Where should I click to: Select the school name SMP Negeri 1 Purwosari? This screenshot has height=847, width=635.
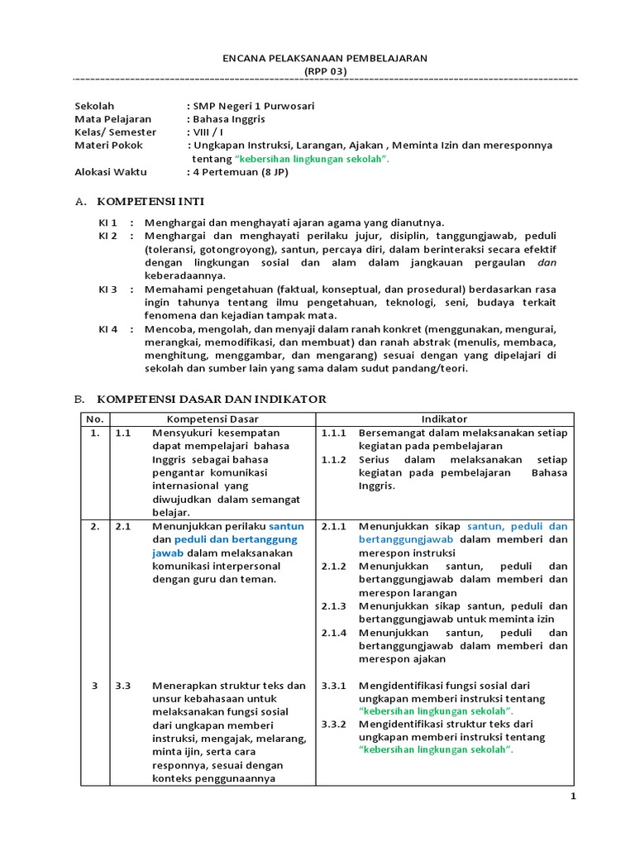point(253,106)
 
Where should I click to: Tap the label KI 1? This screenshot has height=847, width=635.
point(108,223)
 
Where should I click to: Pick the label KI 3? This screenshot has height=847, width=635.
point(108,289)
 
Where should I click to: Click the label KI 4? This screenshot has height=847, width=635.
point(108,328)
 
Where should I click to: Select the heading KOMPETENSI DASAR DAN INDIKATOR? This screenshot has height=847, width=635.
point(212,400)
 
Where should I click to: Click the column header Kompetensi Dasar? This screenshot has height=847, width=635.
point(213,419)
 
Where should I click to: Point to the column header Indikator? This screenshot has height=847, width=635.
point(444,419)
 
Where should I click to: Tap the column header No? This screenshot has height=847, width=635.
point(94,419)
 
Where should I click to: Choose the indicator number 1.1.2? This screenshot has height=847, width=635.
point(334,459)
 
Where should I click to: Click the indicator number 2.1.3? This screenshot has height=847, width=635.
point(334,605)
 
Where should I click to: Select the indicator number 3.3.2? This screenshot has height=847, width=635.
point(334,724)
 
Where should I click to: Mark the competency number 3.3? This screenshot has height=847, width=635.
point(124,685)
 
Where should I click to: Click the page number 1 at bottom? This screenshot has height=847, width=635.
point(571,796)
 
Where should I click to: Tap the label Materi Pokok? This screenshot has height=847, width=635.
point(108,145)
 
